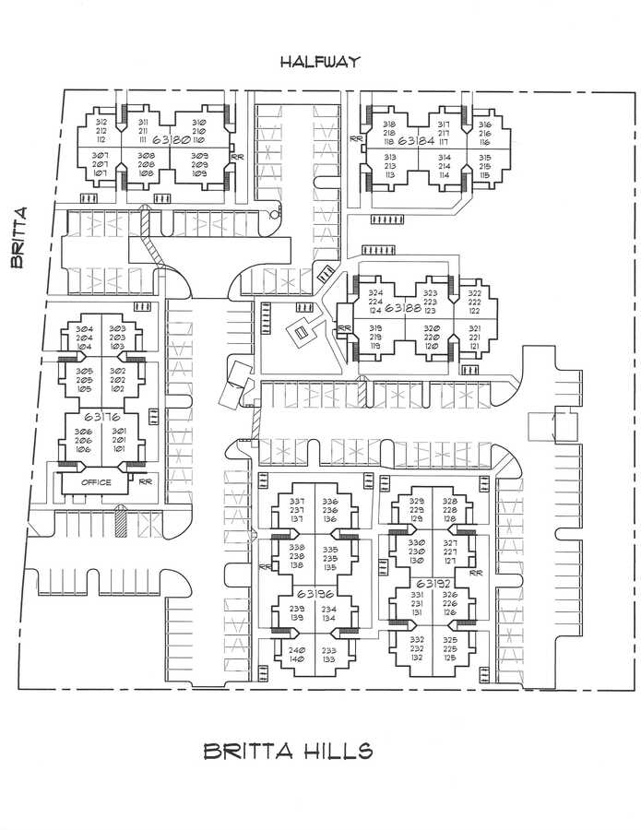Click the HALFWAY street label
[x=321, y=62]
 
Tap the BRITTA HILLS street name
[x=288, y=751]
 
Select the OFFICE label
[x=96, y=482]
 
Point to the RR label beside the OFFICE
[x=144, y=481]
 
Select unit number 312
[x=101, y=123]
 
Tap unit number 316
[x=484, y=125]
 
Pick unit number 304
[x=84, y=329]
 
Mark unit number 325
[x=450, y=639]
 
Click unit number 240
[x=297, y=649]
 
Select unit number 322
[x=474, y=292]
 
